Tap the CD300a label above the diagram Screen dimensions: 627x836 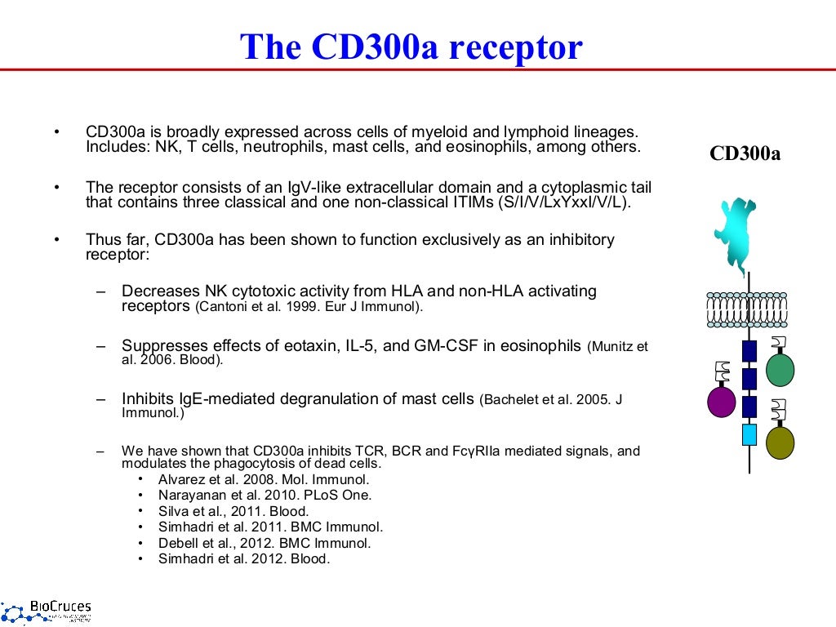click(x=745, y=153)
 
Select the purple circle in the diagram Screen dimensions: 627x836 click(x=721, y=401)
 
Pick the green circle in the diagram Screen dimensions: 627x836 click(x=780, y=370)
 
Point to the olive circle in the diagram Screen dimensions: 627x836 click(x=780, y=442)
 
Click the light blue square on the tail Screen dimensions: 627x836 click(x=749, y=434)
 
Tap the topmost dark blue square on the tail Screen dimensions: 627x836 click(x=749, y=351)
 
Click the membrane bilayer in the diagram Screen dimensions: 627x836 click(x=748, y=309)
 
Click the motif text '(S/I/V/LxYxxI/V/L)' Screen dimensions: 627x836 click(x=563, y=203)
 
